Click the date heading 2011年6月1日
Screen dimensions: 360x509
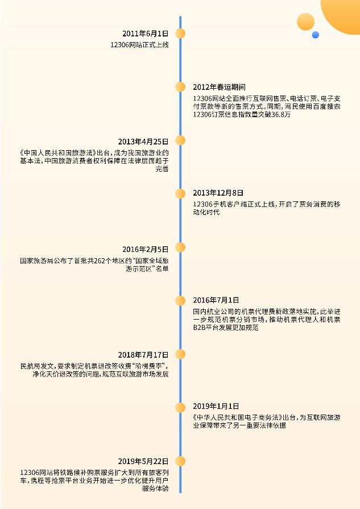click(146, 34)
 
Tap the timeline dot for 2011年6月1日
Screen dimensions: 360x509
click(180, 34)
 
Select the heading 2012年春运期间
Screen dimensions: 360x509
click(219, 87)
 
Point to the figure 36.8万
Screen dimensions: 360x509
click(280, 114)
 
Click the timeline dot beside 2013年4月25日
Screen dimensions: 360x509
click(180, 140)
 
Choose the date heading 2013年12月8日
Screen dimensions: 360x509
click(218, 193)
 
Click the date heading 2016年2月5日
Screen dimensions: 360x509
click(146, 249)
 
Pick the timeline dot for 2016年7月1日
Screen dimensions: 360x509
click(180, 301)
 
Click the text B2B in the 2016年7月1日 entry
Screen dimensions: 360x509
click(199, 328)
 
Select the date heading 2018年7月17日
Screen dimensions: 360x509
click(143, 355)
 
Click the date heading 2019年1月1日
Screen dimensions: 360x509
click(216, 406)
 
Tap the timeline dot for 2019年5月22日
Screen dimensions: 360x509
click(180, 461)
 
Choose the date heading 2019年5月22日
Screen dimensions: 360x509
click(143, 461)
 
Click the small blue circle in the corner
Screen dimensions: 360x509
click(315, 35)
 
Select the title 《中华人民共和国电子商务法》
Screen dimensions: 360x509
click(238, 417)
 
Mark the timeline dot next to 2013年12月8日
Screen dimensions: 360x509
click(180, 193)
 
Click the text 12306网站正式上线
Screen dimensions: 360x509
click(139, 45)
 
